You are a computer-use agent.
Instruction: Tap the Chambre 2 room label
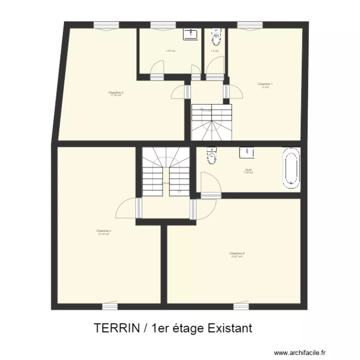coord(116,94)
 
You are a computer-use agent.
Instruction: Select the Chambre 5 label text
coord(104,232)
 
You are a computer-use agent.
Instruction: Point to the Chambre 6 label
coord(237,254)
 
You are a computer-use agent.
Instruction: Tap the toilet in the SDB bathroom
coord(211,156)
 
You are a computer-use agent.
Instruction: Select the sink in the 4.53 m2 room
coord(191,34)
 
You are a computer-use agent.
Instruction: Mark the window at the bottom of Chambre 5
coord(110,305)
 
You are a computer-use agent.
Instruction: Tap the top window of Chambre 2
coord(106,25)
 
